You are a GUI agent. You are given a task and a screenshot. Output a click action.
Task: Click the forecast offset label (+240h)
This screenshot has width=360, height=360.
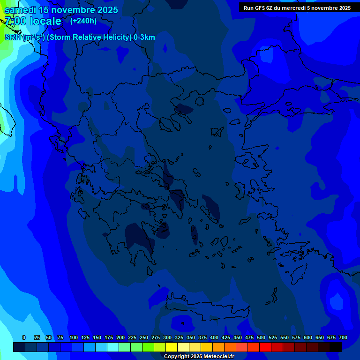point(83,21)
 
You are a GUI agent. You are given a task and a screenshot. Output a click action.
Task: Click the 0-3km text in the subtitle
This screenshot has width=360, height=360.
point(144,37)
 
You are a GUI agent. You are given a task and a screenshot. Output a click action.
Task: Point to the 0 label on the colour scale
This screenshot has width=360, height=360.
point(24,337)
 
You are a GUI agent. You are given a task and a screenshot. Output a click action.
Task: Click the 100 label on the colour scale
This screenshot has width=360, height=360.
point(74,337)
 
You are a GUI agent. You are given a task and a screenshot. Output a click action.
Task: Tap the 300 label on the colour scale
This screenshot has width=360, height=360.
point(167,337)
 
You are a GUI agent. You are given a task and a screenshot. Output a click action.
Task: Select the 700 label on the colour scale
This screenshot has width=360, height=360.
point(343,337)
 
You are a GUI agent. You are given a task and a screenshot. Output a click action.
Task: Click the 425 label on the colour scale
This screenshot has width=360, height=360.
point(226,337)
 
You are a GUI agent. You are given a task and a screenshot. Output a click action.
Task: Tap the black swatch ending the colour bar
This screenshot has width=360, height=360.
point(336,347)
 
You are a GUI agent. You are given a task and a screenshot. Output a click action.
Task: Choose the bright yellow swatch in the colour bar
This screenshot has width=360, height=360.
point(172,347)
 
